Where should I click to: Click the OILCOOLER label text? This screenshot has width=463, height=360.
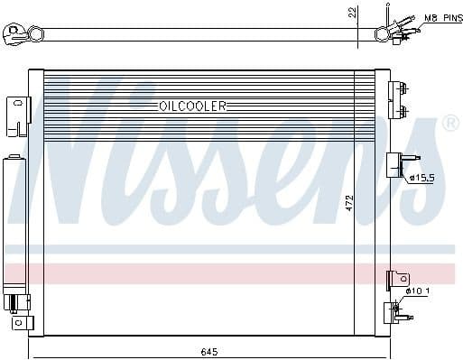192,106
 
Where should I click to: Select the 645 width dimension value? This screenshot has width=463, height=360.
208,350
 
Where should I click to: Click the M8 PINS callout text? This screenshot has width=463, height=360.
442,18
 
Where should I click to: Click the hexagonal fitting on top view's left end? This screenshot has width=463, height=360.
36,34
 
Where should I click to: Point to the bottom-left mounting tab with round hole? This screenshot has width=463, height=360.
16,321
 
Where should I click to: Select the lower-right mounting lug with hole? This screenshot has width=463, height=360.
397,280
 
